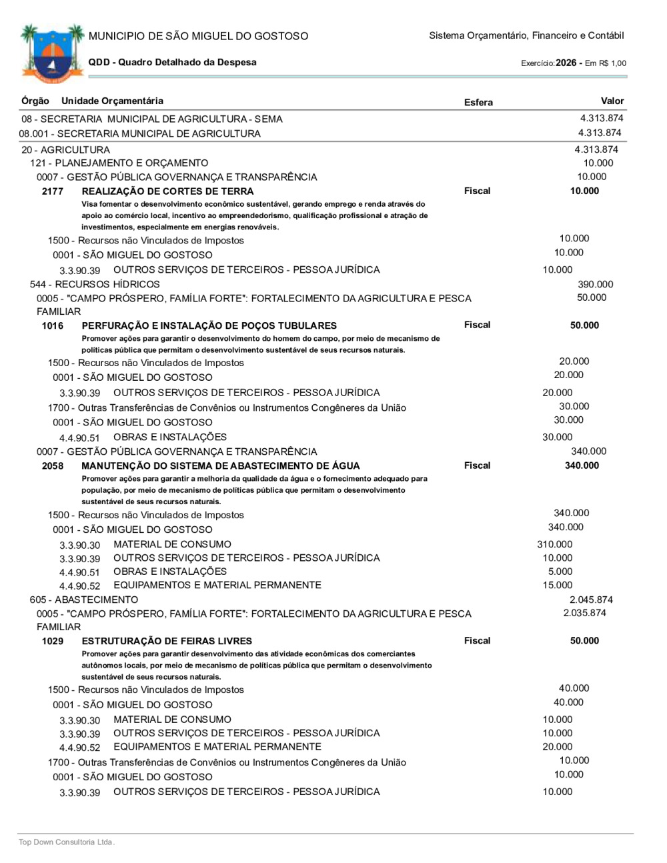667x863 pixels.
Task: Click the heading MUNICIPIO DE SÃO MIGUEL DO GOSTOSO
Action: pyautogui.click(x=198, y=36)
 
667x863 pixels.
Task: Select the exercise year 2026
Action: pyautogui.click(x=566, y=63)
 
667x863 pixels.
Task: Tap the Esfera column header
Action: pyautogui.click(x=478, y=103)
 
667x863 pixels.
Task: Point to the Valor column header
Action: pyautogui.click(x=612, y=101)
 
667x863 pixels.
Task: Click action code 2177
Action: pyautogui.click(x=53, y=191)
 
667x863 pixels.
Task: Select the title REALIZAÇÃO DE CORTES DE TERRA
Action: pyautogui.click(x=167, y=191)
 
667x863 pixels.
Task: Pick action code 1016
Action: pyautogui.click(x=53, y=326)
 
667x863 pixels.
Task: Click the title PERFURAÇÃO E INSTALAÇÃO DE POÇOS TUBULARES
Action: pyautogui.click(x=209, y=326)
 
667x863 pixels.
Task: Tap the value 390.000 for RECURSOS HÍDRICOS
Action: pyautogui.click(x=595, y=284)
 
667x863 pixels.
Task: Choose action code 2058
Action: pyautogui.click(x=53, y=466)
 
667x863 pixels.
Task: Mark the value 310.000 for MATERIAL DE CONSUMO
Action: pyautogui.click(x=554, y=544)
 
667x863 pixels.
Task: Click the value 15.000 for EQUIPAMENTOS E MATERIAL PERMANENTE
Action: pyautogui.click(x=557, y=586)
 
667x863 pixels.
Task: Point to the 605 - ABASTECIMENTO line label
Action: pyautogui.click(x=84, y=600)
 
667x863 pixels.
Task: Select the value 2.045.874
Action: pyautogui.click(x=590, y=600)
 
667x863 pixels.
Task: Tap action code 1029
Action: pyautogui.click(x=53, y=642)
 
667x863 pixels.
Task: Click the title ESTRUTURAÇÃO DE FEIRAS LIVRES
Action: pyautogui.click(x=166, y=642)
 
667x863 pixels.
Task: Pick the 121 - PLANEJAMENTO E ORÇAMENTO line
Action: pyautogui.click(x=119, y=163)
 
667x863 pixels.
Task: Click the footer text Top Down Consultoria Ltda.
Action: pyautogui.click(x=67, y=842)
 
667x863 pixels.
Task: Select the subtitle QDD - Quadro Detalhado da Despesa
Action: pyautogui.click(x=172, y=63)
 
